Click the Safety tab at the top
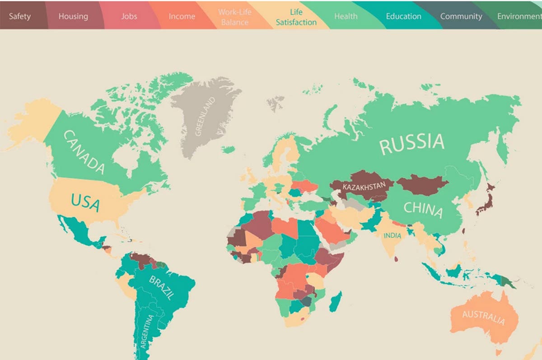point(19,16)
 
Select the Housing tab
point(73,16)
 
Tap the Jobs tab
point(129,16)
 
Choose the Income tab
point(182,16)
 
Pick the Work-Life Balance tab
point(234,17)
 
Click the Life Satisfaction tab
point(296,17)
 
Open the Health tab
point(346,16)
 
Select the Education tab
point(403,16)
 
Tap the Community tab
point(461,16)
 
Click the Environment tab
point(519,16)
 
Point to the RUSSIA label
point(411,144)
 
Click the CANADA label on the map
point(84,152)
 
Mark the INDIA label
point(392,236)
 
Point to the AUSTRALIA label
point(483,317)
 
